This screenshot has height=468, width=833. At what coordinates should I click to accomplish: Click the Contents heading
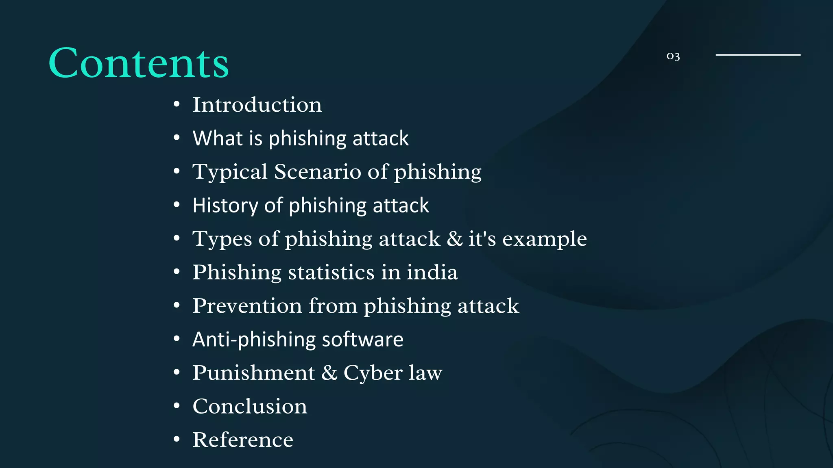tap(138, 63)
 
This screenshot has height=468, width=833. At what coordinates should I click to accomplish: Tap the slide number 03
tap(673, 56)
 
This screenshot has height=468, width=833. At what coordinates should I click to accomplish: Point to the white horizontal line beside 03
tap(758, 54)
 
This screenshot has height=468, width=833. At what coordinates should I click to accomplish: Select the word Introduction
tap(257, 105)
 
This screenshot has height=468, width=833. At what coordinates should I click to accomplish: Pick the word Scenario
tap(318, 171)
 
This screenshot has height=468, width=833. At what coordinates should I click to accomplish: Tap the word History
tap(225, 205)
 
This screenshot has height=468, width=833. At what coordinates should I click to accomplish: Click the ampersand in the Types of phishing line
tap(454, 238)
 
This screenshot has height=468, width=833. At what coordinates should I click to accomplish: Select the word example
tap(545, 239)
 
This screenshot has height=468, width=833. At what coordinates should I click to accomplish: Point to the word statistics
tap(331, 272)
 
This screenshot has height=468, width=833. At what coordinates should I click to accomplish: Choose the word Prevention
tap(247, 305)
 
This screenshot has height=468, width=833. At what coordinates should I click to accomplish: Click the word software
tap(362, 339)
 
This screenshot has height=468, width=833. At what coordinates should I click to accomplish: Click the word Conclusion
tap(250, 406)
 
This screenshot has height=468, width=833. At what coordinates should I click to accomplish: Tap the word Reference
tap(243, 440)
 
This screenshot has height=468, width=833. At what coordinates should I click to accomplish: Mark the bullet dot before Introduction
tap(177, 104)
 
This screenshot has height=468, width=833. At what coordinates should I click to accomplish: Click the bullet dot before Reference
tap(177, 439)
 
